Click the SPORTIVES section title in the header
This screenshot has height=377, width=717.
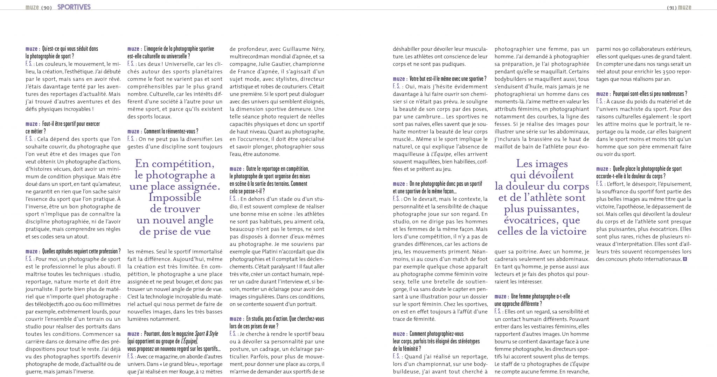pyautogui.click(x=74, y=7)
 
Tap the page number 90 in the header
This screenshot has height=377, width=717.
pyautogui.click(x=46, y=8)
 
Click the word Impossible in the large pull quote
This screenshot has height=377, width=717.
pyautogui.click(x=175, y=198)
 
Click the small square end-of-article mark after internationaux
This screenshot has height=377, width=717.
pyautogui.click(x=685, y=259)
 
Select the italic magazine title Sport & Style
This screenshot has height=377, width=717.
pyautogui.click(x=206, y=334)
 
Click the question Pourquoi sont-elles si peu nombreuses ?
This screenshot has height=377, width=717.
pyautogui.click(x=650, y=94)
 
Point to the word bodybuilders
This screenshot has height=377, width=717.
pyautogui.click(x=511, y=79)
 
